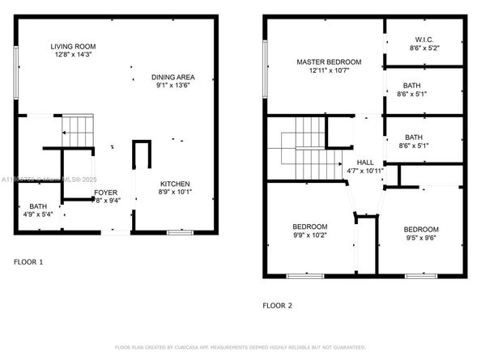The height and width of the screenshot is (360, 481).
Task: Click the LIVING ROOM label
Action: point(73,47)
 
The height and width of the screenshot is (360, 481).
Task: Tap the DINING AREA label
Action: point(172,78)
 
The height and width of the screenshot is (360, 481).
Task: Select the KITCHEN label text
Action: point(175,184)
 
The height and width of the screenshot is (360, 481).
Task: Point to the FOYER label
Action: point(105,193)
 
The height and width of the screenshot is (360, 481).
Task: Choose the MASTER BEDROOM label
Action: point(328,61)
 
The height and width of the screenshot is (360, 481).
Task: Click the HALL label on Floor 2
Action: point(365,162)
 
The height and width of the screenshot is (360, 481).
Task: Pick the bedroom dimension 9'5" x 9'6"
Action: point(421,238)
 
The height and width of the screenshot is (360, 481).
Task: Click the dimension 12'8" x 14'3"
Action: point(73,56)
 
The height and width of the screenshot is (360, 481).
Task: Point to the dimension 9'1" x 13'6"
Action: point(172,87)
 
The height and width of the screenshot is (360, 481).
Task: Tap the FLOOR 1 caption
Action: point(29,262)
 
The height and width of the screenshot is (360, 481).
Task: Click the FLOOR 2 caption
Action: point(277,306)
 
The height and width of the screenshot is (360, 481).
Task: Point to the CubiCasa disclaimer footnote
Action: point(240,347)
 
